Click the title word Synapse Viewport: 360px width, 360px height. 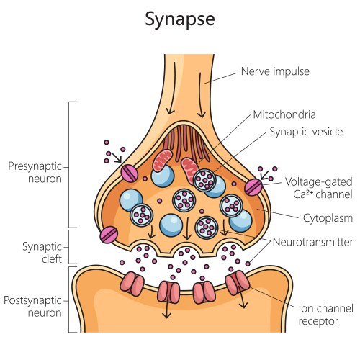(179, 19)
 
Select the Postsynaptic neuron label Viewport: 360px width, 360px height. (33, 306)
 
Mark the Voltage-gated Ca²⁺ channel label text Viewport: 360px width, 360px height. (315, 187)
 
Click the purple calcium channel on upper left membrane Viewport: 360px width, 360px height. (130, 174)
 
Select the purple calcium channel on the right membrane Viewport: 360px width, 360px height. (254, 187)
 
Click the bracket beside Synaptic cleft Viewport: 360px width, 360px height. (70, 246)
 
